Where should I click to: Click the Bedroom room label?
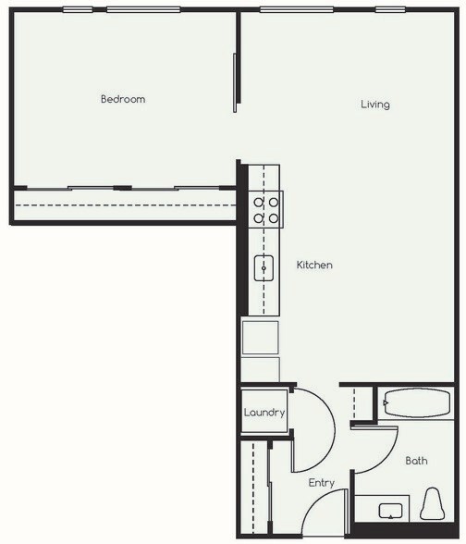(x=123, y=99)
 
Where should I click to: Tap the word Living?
(x=374, y=105)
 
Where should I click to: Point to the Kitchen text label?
(x=313, y=266)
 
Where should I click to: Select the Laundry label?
(x=264, y=413)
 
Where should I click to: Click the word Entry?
(x=321, y=483)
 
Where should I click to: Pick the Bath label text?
(x=416, y=461)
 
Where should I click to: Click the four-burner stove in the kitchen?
(x=267, y=209)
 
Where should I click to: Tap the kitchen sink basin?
(x=265, y=268)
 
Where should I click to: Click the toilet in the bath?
(x=432, y=506)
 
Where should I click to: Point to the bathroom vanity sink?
(x=390, y=510)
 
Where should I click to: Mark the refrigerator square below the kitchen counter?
(x=260, y=337)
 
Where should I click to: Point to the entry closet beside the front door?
(x=252, y=488)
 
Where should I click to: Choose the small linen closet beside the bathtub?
(x=362, y=404)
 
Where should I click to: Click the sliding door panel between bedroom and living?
(x=236, y=82)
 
